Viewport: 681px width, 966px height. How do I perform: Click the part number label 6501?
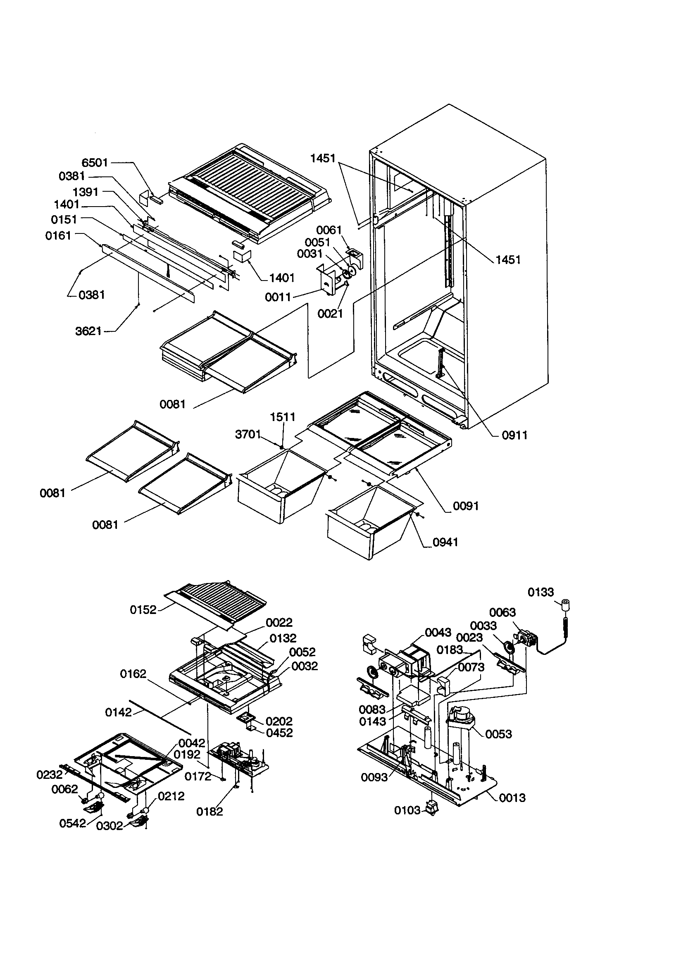[x=95, y=162]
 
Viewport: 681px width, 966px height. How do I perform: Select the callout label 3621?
[x=88, y=331]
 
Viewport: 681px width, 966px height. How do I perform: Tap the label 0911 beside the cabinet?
[x=514, y=435]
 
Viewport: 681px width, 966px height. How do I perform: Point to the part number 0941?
[x=445, y=542]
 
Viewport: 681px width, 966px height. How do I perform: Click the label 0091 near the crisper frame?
[x=466, y=506]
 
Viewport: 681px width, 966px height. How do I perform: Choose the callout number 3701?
[x=248, y=434]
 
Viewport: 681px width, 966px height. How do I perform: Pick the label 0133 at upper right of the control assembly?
[x=541, y=592]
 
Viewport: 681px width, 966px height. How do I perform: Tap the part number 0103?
[x=407, y=810]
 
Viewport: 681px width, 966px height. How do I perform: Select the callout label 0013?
[x=512, y=797]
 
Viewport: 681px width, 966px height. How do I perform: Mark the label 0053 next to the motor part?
[x=498, y=734]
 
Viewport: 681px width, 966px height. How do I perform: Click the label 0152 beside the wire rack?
[x=143, y=610]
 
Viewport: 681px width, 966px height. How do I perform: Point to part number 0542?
[x=72, y=823]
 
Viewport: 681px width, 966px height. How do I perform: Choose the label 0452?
[x=279, y=733]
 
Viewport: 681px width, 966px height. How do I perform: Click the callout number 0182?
[x=209, y=811]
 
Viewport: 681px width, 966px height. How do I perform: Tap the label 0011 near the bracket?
[x=278, y=297]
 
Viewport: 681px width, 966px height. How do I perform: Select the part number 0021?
[x=330, y=313]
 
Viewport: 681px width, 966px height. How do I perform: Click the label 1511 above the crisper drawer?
[x=282, y=417]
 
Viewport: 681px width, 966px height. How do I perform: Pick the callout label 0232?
[x=49, y=775]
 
